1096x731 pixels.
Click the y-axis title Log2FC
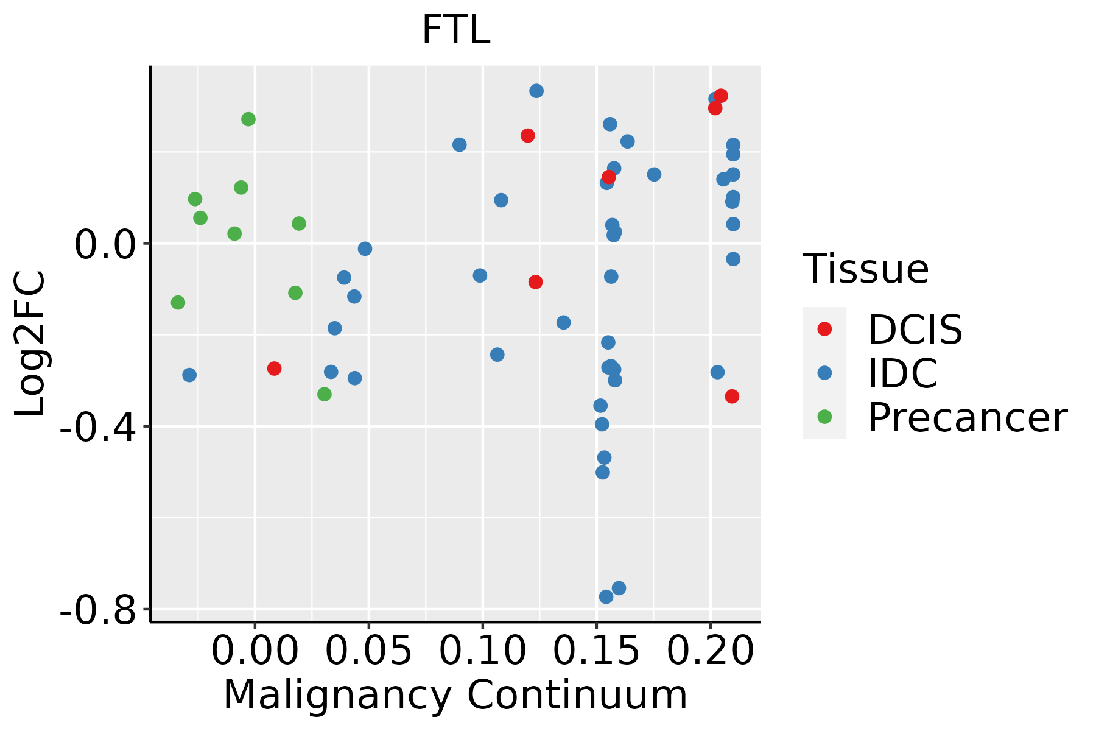point(30,344)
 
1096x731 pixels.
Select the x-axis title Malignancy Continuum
point(455,695)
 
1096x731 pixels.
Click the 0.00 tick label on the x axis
point(255,651)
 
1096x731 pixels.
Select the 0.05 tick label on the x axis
point(368,651)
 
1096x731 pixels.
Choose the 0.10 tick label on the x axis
point(482,651)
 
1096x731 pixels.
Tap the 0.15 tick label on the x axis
point(596,651)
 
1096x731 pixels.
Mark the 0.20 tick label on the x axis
point(710,651)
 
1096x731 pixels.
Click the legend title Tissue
point(865,269)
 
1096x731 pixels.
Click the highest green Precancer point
point(248,119)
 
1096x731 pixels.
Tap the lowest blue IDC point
point(606,596)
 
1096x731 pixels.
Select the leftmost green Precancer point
point(178,302)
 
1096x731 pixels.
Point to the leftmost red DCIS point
point(274,369)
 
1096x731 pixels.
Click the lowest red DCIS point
point(732,397)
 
